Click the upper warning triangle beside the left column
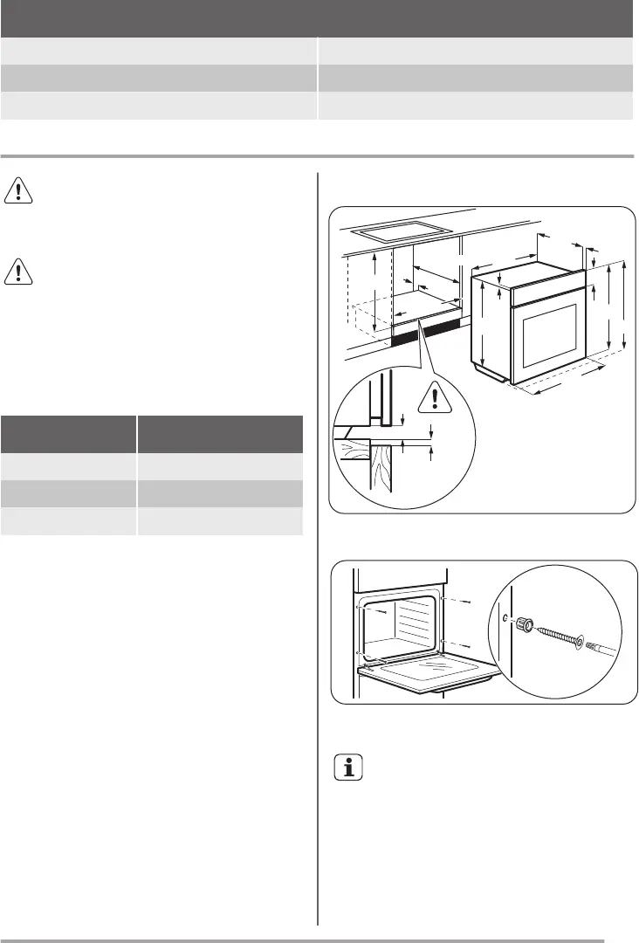[x=18, y=189]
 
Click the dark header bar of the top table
[x=316, y=17]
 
